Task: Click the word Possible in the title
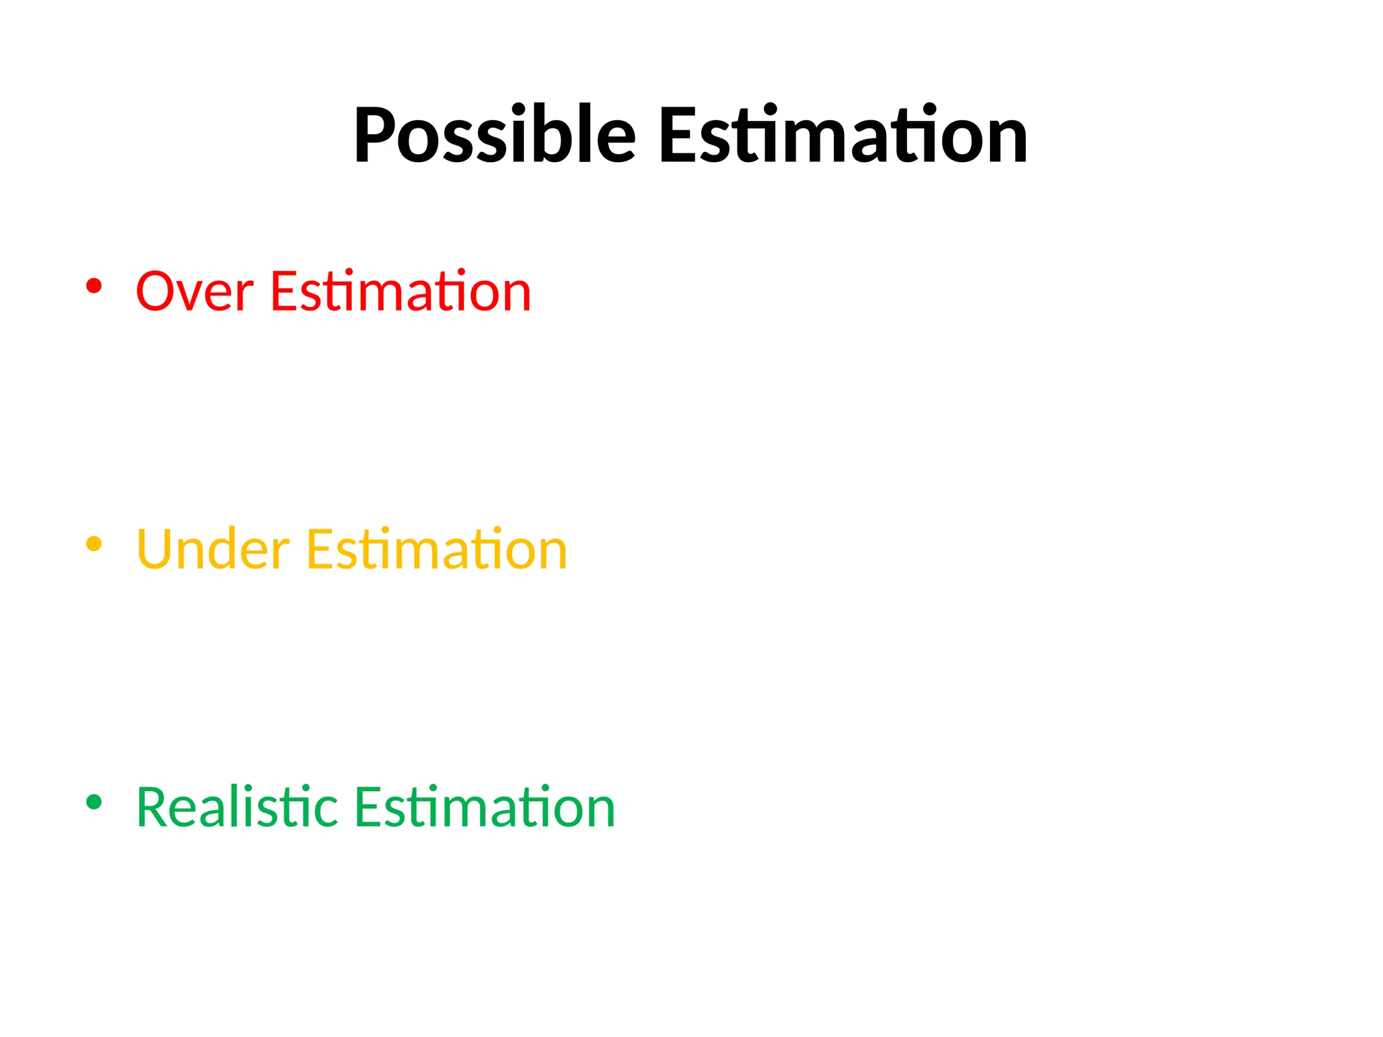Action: (494, 135)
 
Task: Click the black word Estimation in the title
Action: (843, 135)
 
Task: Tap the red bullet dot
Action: (94, 286)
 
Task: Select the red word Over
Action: (194, 292)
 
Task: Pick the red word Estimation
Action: (400, 292)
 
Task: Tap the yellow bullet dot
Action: (94, 544)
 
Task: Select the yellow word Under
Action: (213, 550)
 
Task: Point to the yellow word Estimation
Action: (436, 550)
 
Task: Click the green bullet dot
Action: (94, 802)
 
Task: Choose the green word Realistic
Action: (237, 807)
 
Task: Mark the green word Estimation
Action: (485, 807)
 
